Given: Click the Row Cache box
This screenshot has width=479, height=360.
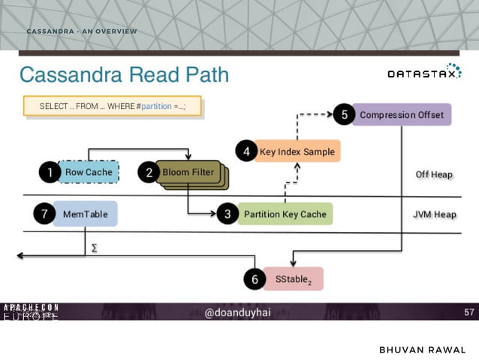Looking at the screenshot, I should pos(89,172).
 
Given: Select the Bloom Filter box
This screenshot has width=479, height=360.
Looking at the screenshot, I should pos(188,172).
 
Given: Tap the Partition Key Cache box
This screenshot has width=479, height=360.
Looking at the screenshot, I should pos(285,214).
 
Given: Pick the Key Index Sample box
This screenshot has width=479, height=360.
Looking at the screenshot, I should pos(297,151).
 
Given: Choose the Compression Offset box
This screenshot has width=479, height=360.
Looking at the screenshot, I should pos(402,115).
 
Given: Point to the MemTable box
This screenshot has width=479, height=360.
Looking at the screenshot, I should pos(85,214).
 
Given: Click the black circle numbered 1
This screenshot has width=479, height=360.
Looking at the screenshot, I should pos(50,172).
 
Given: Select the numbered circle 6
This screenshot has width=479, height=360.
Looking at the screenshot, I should pos(255,279).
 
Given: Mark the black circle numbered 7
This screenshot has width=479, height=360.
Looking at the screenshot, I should pos(44,214).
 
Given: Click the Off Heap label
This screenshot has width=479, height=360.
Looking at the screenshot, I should pos(434,174).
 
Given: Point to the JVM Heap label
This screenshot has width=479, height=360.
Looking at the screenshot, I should pos(434,214).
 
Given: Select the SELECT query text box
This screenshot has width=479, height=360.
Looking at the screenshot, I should pos(112,107).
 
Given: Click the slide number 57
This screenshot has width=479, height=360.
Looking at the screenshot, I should pos(468,311).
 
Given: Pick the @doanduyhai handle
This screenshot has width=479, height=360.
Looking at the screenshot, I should pos(239,312).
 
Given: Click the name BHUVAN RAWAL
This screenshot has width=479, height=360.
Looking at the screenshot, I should pos(423,350).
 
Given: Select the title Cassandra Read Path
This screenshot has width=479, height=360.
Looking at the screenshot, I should pos(124,75).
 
